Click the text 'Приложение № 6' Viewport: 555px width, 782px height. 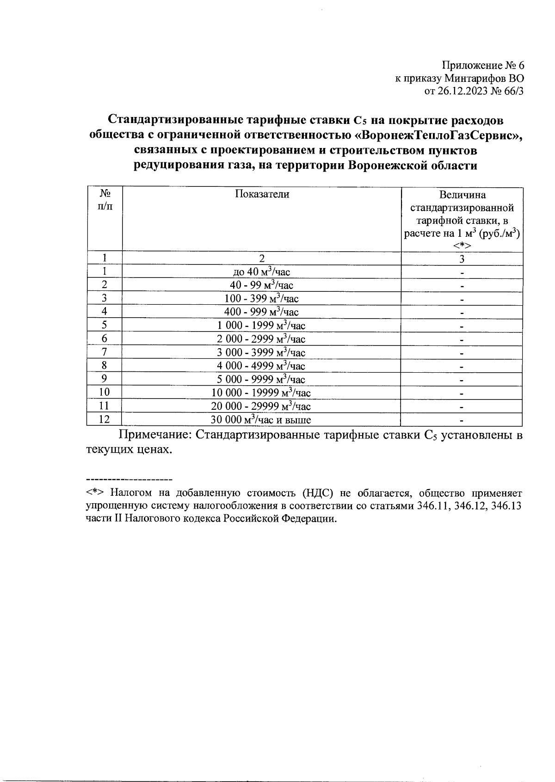(483, 65)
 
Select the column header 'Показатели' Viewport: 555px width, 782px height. (262, 194)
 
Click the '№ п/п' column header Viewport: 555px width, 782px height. (105, 199)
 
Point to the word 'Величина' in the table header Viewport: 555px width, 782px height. (462, 195)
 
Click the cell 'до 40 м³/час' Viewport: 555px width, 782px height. (262, 272)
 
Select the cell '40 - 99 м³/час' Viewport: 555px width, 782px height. (262, 285)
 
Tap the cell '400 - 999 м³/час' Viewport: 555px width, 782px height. (262, 312)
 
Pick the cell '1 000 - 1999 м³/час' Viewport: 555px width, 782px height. (262, 326)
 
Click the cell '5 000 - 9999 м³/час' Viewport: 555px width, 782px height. (262, 380)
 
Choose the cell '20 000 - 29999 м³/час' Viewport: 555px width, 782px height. (262, 406)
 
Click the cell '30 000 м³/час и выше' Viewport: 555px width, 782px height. (262, 420)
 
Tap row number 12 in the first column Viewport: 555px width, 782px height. (105, 420)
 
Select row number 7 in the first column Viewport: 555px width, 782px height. (105, 352)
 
